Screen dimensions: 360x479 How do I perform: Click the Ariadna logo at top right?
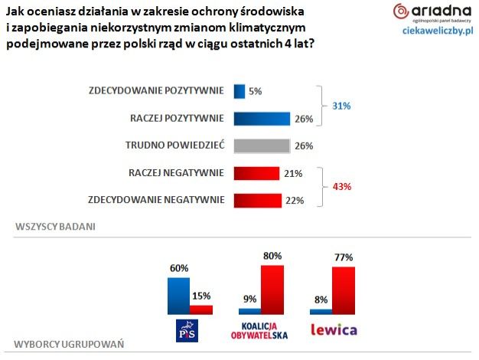tap(432, 13)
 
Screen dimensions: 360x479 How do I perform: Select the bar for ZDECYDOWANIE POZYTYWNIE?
tap(239, 90)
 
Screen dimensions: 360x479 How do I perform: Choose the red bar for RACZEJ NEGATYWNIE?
tap(256, 173)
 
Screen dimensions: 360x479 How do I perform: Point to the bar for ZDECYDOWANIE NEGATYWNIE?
tap(258, 201)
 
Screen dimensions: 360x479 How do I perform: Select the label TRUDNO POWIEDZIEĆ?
tap(174, 146)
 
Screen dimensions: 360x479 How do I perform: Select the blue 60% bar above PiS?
tap(179, 296)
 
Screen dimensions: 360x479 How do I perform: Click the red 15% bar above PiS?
tap(200, 309)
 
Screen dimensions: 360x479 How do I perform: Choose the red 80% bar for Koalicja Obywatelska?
tap(272, 290)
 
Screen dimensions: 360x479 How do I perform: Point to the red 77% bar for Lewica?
tap(344, 290)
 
